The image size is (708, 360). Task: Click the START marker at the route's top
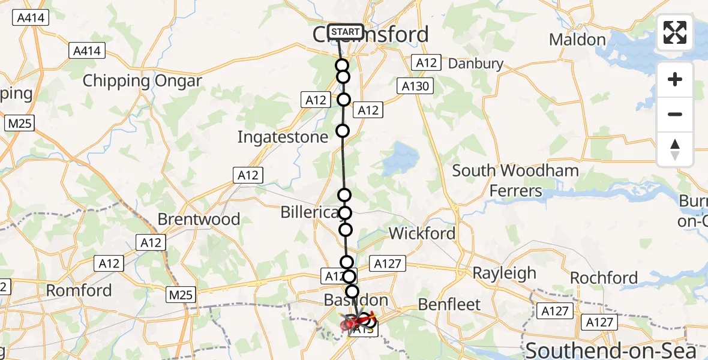coord(346,32)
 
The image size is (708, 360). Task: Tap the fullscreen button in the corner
coord(675,32)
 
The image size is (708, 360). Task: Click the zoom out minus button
coord(675,114)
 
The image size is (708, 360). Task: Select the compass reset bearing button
coord(675,149)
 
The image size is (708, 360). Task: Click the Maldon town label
coord(577,40)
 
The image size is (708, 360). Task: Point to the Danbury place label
coord(476,63)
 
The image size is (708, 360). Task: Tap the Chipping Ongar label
coord(142,81)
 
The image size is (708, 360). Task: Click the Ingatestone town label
coord(283,137)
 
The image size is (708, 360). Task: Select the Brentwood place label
coord(199,219)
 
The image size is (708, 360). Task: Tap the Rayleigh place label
coord(504,273)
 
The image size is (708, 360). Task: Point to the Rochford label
coord(604,278)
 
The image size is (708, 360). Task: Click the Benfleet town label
coord(449,304)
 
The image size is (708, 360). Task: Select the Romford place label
coord(79,290)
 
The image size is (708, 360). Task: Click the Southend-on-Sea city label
coord(611,350)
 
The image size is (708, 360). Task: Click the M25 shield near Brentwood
coord(181,295)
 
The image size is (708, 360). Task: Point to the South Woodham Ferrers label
coord(515,181)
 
